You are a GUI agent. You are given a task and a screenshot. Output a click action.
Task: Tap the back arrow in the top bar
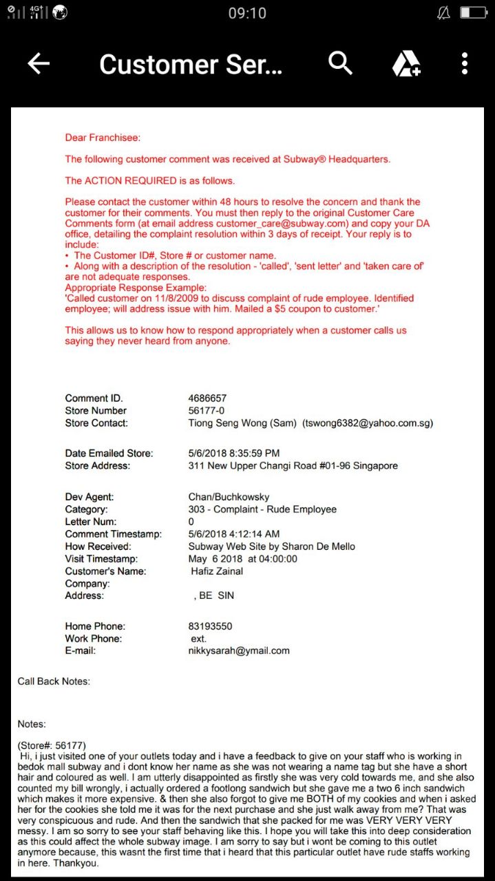(39, 63)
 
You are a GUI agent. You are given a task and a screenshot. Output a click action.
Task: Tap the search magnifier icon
(340, 63)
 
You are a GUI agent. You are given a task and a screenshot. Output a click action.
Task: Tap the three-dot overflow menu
(465, 63)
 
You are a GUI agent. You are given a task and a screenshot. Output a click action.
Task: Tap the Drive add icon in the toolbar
(406, 64)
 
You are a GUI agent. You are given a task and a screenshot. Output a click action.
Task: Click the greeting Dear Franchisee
(103, 138)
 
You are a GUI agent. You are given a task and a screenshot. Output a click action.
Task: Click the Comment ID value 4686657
(207, 399)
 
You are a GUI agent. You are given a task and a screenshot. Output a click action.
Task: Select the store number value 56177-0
(206, 411)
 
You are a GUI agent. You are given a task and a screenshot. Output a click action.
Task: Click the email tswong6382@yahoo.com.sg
(368, 423)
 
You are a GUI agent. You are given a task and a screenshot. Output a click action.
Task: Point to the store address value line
(293, 466)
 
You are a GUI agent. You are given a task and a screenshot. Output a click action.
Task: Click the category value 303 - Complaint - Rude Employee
(262, 509)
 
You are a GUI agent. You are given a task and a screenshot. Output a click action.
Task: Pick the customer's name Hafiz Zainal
(217, 571)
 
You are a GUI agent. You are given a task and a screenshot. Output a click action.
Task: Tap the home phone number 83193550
(210, 626)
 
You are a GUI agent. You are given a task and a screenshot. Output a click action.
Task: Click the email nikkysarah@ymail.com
(239, 650)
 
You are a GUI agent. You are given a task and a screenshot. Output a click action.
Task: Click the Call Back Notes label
(54, 681)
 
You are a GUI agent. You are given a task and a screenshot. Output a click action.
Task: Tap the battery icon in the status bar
(473, 12)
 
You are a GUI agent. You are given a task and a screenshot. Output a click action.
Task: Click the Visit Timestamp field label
(101, 559)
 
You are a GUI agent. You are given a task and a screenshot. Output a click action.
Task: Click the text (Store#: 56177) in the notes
(52, 745)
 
